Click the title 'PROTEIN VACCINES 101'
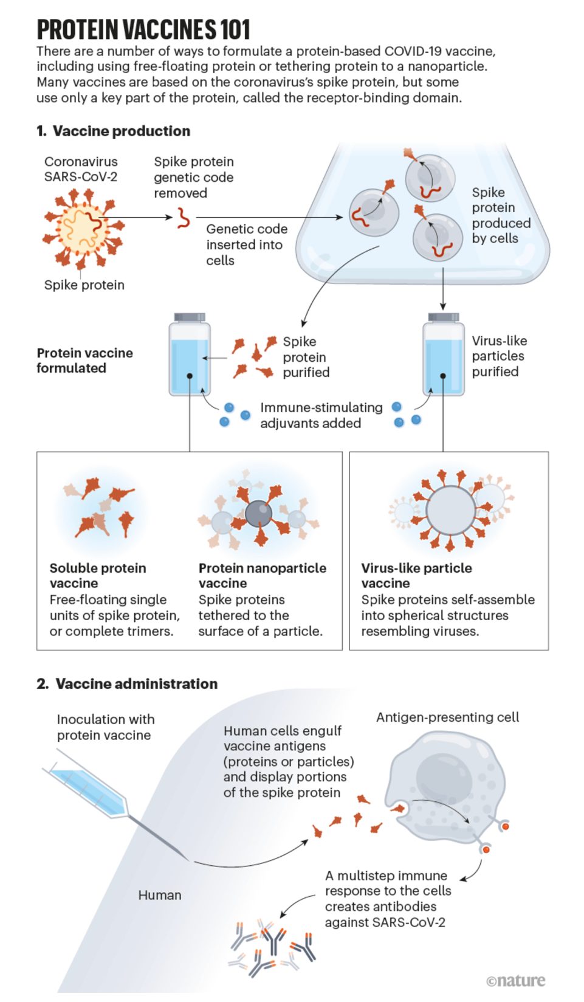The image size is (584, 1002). tap(143, 30)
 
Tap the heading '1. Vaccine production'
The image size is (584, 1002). tap(114, 131)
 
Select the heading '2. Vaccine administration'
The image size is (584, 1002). tap(127, 684)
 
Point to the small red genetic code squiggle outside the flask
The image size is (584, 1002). tap(183, 218)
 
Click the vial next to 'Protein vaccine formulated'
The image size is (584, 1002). tap(190, 354)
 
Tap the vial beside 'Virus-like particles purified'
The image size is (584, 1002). tap(443, 354)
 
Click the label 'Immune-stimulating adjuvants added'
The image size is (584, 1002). tap(321, 415)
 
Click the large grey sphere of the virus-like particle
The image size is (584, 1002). tap(451, 510)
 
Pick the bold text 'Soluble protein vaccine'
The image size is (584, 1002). tap(98, 576)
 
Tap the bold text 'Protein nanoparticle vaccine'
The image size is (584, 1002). tap(263, 576)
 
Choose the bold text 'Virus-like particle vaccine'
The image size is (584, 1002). tap(417, 576)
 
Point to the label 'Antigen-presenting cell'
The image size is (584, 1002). tap(448, 717)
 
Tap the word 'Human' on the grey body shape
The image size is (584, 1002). tap(160, 895)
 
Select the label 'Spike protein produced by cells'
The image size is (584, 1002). tap(501, 215)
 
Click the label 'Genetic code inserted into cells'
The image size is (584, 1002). tap(247, 244)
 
